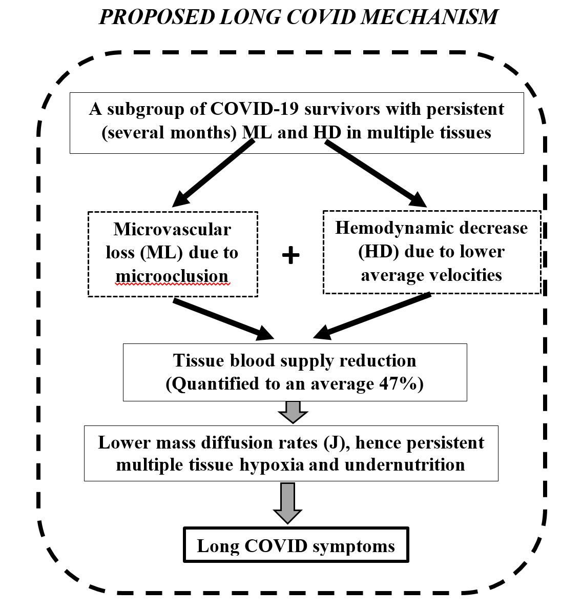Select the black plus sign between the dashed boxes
point(290,255)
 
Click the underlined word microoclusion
point(172,276)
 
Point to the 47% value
point(397,384)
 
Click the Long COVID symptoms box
point(296,545)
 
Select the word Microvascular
point(172,229)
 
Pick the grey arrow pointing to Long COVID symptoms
point(287,502)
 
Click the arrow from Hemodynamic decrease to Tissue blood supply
point(371,316)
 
